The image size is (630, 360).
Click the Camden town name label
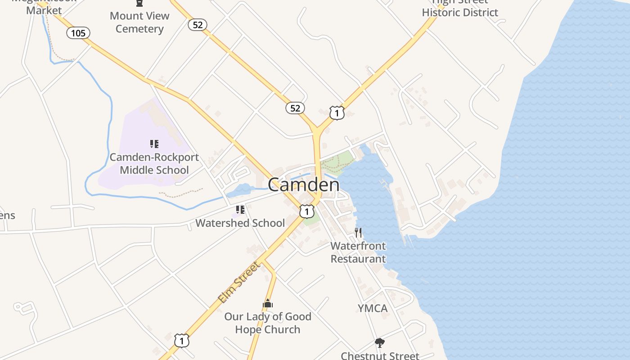point(304,184)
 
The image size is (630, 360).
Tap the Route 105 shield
point(78,33)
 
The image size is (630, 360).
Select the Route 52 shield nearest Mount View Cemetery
point(198,25)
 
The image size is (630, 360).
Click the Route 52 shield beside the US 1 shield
point(295,108)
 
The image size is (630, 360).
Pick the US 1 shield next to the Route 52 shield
point(337,112)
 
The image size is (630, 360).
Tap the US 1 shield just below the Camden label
point(307,211)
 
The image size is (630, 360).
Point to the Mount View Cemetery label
point(139,22)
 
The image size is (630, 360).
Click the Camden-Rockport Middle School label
point(154,164)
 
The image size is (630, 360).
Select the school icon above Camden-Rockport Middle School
point(154,144)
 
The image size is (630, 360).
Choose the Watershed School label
point(240,223)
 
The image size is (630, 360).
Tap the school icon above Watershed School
point(240,210)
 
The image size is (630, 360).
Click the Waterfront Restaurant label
point(358,252)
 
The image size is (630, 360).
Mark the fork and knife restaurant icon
point(358,233)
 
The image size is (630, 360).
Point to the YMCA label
point(373,308)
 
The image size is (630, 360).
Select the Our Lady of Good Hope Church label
point(268,323)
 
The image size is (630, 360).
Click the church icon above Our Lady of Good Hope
point(268,304)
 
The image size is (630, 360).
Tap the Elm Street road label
point(239,283)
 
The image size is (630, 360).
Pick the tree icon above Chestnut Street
point(380,343)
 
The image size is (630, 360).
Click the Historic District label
point(460,12)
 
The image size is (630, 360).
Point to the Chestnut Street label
point(380,355)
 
